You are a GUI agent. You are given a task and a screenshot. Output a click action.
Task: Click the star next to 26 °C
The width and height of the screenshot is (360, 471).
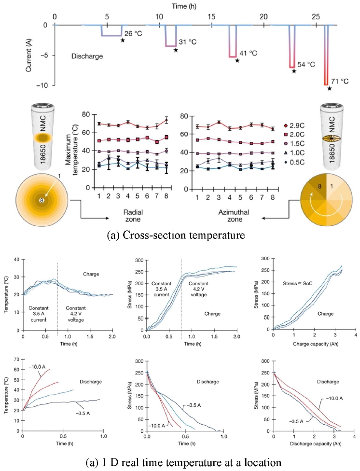[123, 41]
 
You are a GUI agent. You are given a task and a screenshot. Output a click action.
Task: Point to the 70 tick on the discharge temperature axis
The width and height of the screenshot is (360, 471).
[15, 360]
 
